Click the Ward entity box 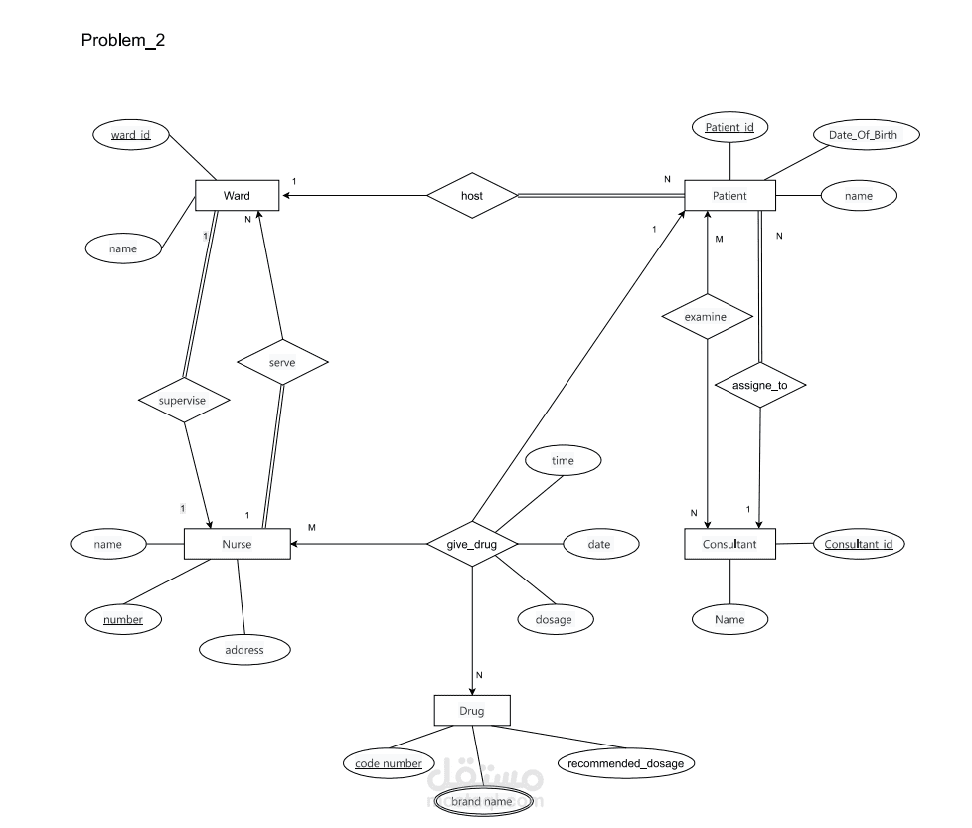click(x=237, y=195)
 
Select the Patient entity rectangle click(x=729, y=196)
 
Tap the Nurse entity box click(x=238, y=544)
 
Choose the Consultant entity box click(x=729, y=544)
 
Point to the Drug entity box click(x=472, y=711)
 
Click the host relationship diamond click(x=472, y=196)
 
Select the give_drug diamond click(x=472, y=544)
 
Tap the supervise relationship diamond click(x=185, y=401)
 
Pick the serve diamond click(x=283, y=363)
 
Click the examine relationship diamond click(x=706, y=317)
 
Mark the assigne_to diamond click(x=760, y=384)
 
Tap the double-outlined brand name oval click(x=482, y=801)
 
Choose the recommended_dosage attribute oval click(x=625, y=763)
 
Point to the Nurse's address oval click(x=244, y=650)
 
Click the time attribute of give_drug click(x=563, y=461)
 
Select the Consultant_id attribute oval click(x=859, y=543)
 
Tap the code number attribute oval click(x=389, y=763)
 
